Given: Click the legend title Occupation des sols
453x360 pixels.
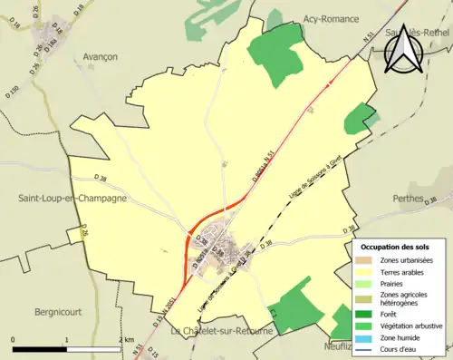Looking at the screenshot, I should (397, 247).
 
